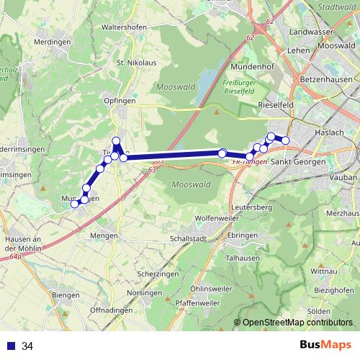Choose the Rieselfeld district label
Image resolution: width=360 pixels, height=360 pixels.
tap(274, 104)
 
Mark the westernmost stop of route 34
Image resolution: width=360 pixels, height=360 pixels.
tap(73, 204)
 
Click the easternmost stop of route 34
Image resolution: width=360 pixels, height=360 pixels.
tap(285, 140)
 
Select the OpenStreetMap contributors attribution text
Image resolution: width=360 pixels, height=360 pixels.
tap(297, 323)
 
